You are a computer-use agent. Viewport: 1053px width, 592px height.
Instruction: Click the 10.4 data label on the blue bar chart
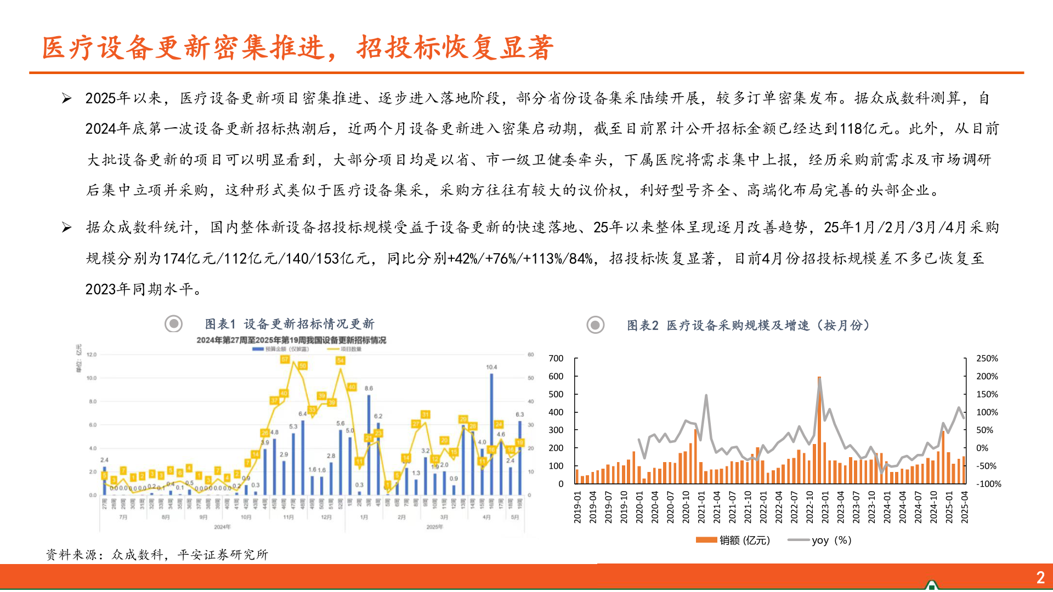[x=491, y=367]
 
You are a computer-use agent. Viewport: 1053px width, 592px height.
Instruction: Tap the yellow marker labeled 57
[x=285, y=360]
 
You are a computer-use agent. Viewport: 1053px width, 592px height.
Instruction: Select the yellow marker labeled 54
[x=341, y=361]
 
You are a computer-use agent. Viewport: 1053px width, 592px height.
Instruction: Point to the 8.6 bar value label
[x=369, y=388]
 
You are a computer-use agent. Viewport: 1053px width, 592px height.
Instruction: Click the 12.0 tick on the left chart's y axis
[x=92, y=355]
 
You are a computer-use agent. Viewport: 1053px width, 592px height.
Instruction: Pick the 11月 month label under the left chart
[x=288, y=517]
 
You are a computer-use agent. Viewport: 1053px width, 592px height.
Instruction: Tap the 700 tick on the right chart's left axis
[x=556, y=358]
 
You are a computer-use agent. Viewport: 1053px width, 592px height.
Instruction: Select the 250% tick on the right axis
[x=987, y=358]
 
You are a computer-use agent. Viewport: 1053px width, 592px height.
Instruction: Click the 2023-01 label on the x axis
[x=825, y=507]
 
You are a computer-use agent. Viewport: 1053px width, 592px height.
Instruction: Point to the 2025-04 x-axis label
[x=965, y=507]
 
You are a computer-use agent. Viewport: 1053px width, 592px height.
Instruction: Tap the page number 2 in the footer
[x=1040, y=577]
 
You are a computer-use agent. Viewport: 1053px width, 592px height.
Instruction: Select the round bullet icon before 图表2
[x=596, y=325]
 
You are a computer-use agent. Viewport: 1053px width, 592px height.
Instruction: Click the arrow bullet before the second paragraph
[x=67, y=227]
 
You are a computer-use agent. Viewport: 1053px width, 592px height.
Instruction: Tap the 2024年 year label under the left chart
[x=222, y=527]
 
